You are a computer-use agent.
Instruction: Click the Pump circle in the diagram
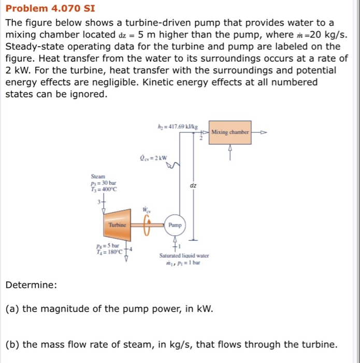175,225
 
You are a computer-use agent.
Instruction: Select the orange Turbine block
117,225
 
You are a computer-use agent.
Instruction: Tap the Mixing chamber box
231,132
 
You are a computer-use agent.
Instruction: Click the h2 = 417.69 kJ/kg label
174,126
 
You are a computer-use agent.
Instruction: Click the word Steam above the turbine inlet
97,176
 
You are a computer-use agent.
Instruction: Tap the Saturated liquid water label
184,256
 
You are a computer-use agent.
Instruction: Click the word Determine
31,285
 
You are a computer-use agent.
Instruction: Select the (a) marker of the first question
12,309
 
